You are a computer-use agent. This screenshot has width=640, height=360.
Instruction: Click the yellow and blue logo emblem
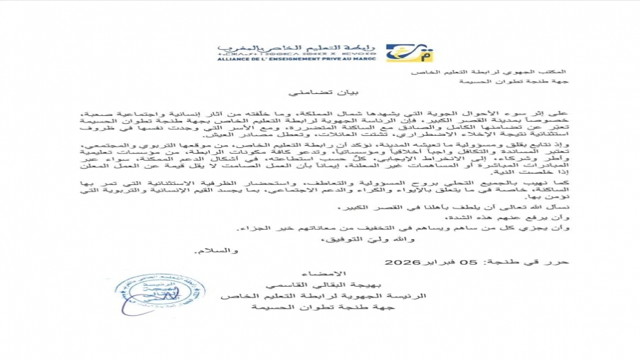click(x=400, y=53)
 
